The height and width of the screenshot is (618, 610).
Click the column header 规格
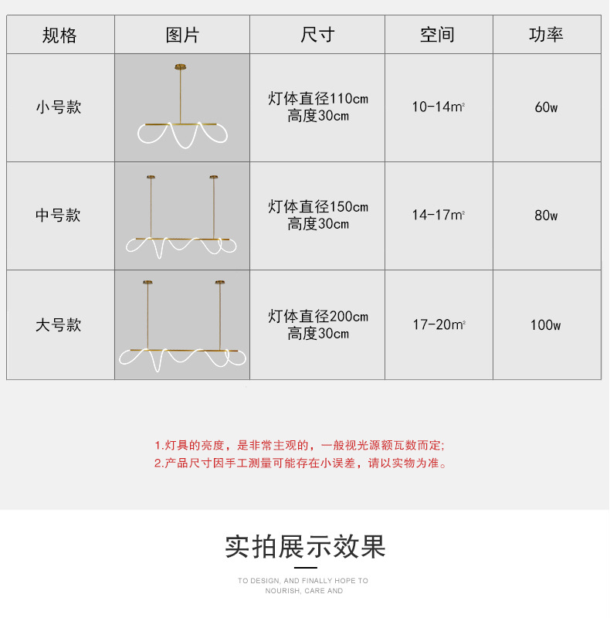coord(59,35)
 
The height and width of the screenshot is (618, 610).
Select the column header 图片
coord(182,35)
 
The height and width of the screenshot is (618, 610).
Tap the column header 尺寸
coord(317,35)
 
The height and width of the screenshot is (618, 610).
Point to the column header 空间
coord(438,35)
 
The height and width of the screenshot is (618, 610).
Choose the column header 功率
coord(546,35)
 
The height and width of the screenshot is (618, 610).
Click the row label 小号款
coord(59,107)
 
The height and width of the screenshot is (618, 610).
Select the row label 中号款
coord(59,216)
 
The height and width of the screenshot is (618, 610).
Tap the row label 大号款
coord(59,324)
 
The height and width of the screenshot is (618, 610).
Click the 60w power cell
coord(546,107)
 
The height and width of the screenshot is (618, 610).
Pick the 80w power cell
coord(546,216)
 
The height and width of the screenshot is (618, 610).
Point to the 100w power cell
coord(546,324)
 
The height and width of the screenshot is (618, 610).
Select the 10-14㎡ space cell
coord(438,107)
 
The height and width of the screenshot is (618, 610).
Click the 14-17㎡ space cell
coord(438,216)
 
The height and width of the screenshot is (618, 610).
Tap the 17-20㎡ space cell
coord(438,324)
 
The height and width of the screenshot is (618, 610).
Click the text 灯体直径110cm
coord(318,99)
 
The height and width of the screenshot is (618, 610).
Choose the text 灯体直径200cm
coord(318,317)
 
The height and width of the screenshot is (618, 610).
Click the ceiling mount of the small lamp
coord(182,66)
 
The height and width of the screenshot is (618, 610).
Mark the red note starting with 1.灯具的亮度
coord(300,446)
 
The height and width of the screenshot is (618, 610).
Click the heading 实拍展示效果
coord(305,546)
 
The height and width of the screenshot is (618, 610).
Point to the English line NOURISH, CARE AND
coord(303,591)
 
